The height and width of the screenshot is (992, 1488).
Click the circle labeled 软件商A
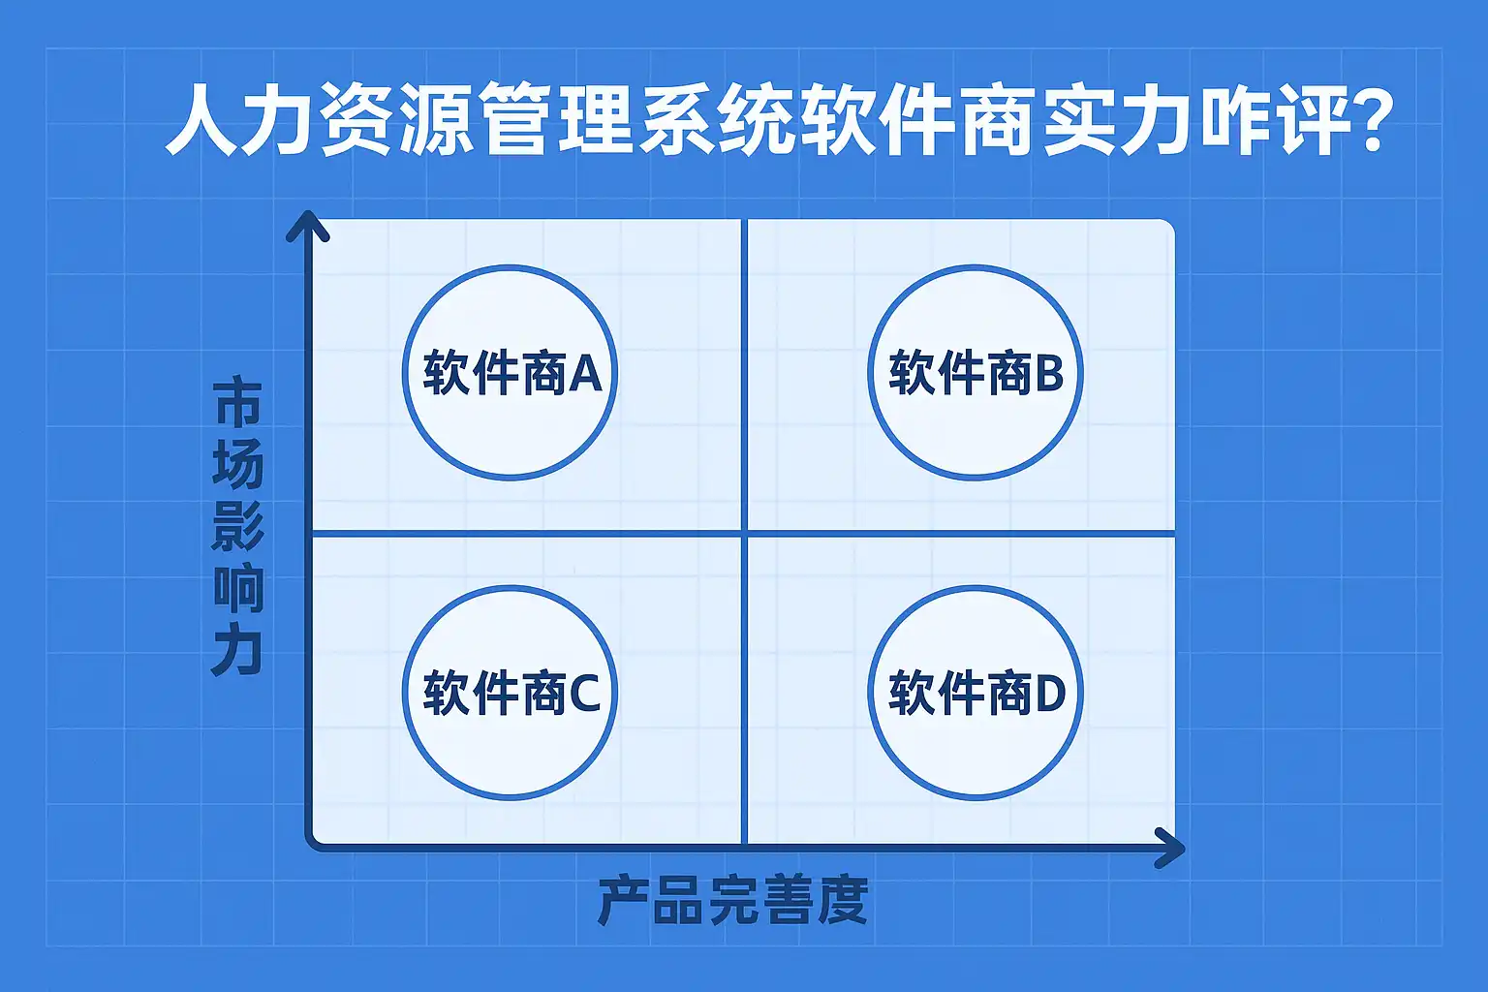pos(510,373)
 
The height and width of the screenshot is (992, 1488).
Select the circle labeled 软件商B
pos(975,373)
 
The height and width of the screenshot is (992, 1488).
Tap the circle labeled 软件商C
pos(510,693)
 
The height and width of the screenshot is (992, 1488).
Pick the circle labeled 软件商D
pos(975,693)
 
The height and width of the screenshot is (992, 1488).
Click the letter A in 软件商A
pos(585,373)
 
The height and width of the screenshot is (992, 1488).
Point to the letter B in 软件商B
pos(1049,373)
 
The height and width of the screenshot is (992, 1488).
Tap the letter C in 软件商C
pos(584,694)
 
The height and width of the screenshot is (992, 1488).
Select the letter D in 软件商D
pos(1050,694)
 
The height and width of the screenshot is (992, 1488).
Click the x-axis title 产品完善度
pos(732,901)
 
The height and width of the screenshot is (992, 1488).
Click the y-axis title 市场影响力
pos(237,528)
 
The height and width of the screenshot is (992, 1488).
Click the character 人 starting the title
pos(201,121)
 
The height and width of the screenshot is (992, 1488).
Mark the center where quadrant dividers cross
pos(744,533)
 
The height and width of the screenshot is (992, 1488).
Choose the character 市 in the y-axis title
pos(237,405)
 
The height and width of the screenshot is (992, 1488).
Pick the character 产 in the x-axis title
pos(624,901)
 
